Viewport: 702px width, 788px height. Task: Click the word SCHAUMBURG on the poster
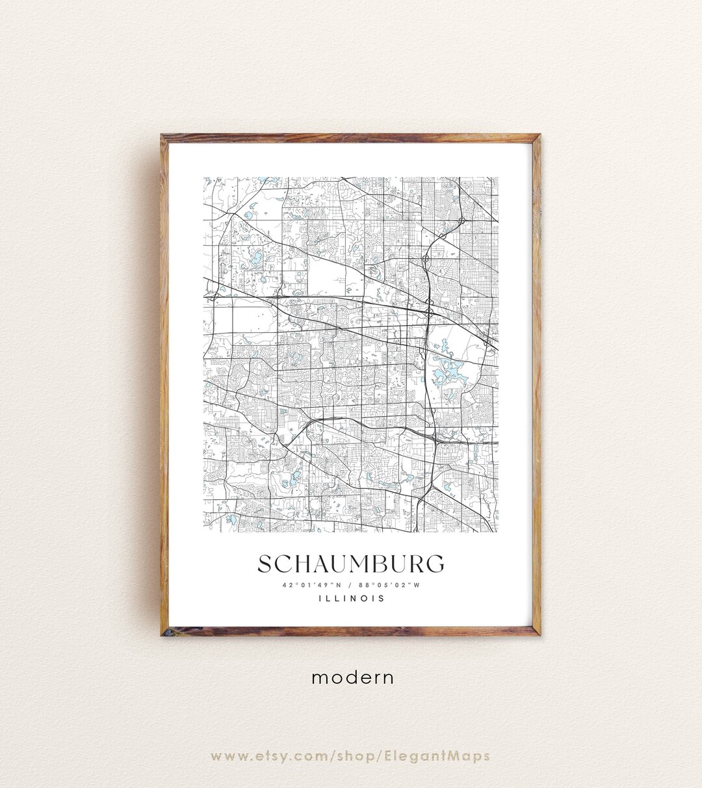(x=351, y=564)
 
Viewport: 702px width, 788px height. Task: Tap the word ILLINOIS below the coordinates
(x=351, y=599)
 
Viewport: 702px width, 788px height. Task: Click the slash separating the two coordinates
(x=350, y=584)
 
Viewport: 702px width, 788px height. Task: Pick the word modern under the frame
(x=352, y=677)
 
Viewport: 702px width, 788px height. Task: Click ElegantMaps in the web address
(x=445, y=756)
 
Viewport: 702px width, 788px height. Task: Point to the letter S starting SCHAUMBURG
(x=266, y=564)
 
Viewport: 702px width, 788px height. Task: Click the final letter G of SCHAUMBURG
(x=435, y=564)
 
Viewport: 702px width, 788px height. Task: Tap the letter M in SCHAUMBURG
(x=353, y=564)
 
